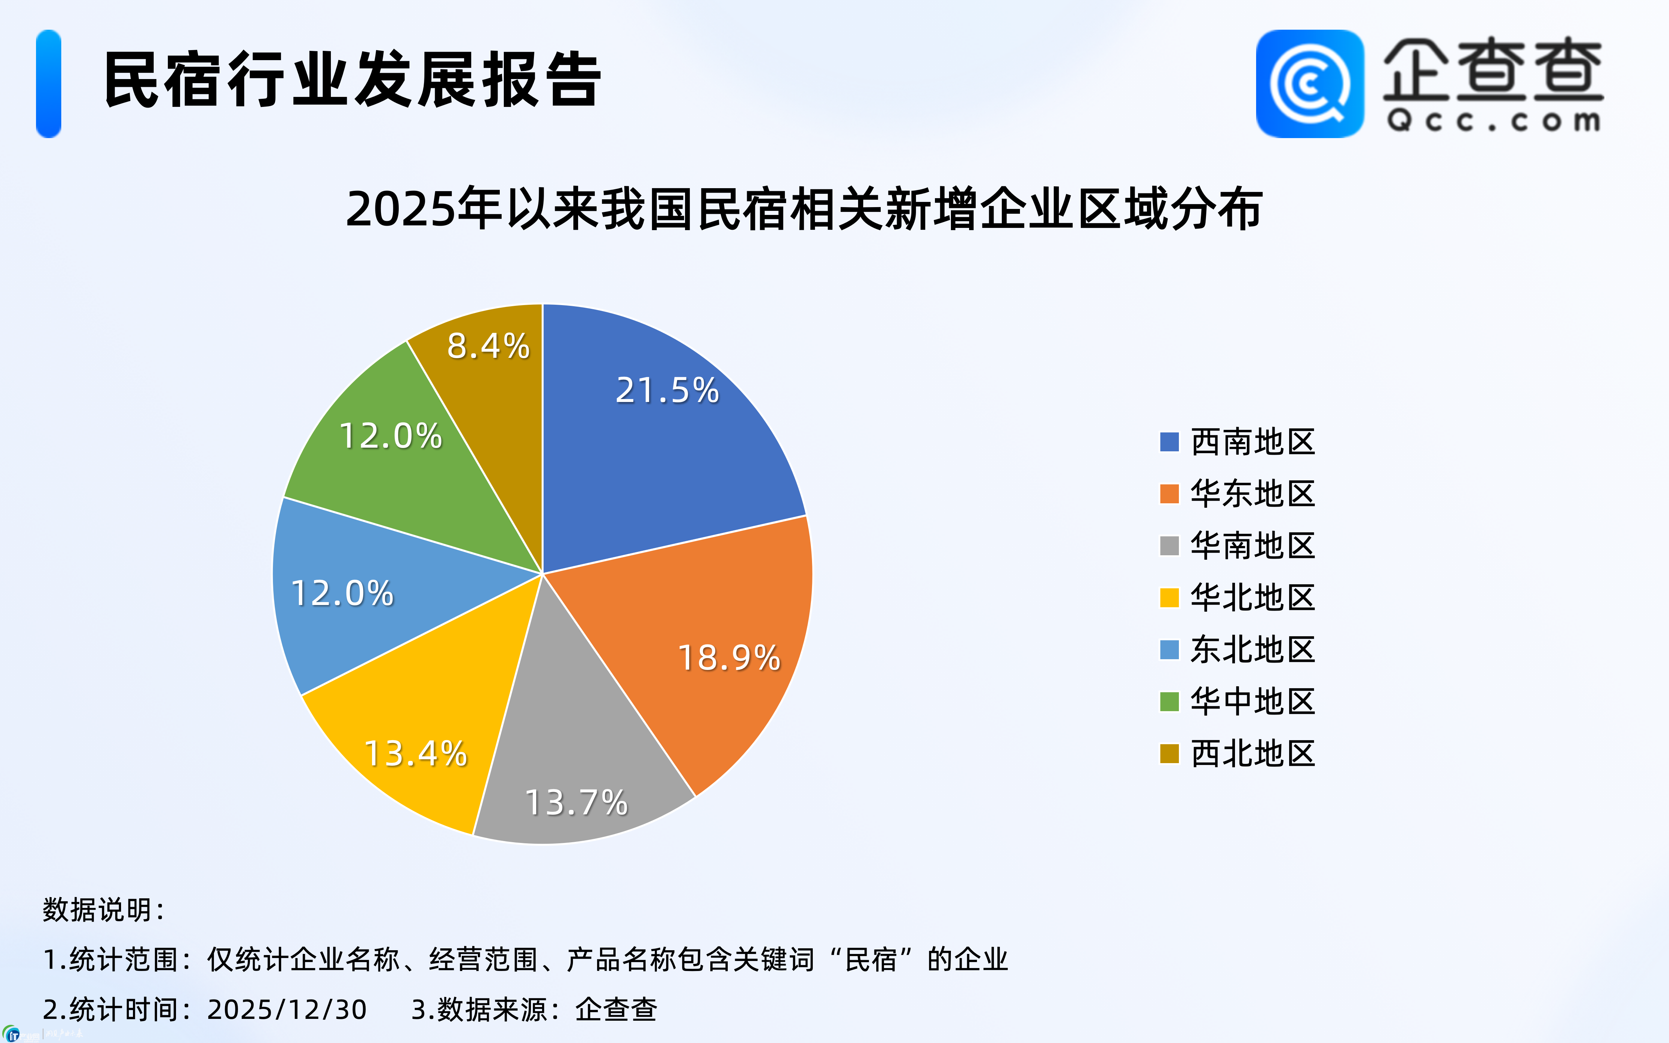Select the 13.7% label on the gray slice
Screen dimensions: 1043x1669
point(576,802)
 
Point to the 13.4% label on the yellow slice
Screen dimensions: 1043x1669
point(415,753)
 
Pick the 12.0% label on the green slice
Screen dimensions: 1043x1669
point(391,436)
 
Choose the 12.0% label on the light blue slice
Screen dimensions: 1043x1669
point(342,593)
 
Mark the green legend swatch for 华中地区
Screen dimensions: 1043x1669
point(1169,702)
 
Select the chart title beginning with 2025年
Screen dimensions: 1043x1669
point(804,208)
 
